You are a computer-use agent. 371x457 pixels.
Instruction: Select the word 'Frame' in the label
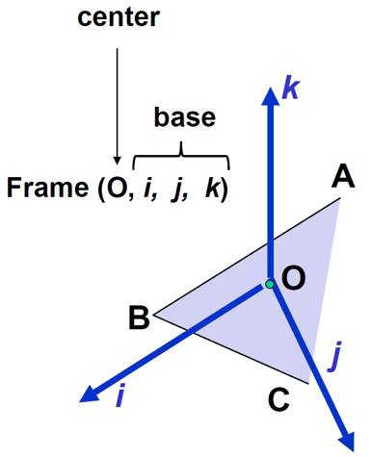pyautogui.click(x=47, y=187)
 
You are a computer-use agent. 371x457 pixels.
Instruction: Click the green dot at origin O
pyautogui.click(x=271, y=284)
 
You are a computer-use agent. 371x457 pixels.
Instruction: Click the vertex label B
pyautogui.click(x=139, y=317)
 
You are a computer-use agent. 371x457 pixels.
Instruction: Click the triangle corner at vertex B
pyautogui.click(x=155, y=314)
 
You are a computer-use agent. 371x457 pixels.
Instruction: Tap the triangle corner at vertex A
pyautogui.click(x=341, y=199)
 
